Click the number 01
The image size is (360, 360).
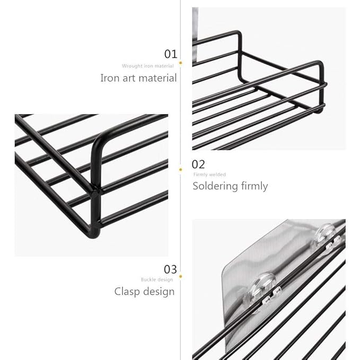point(170,54)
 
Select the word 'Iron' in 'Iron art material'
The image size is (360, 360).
point(109,78)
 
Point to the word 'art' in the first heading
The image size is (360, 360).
point(129,78)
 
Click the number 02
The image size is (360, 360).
point(198,164)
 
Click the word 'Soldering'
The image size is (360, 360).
point(215,186)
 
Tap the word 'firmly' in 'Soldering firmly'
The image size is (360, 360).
point(254,186)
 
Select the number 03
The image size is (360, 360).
point(170,270)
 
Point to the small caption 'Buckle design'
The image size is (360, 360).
point(157,279)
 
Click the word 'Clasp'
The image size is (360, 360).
point(128,291)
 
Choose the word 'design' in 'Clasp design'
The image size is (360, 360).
point(159,292)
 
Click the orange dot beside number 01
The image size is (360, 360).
point(180,63)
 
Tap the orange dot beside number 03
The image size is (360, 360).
point(180,276)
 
